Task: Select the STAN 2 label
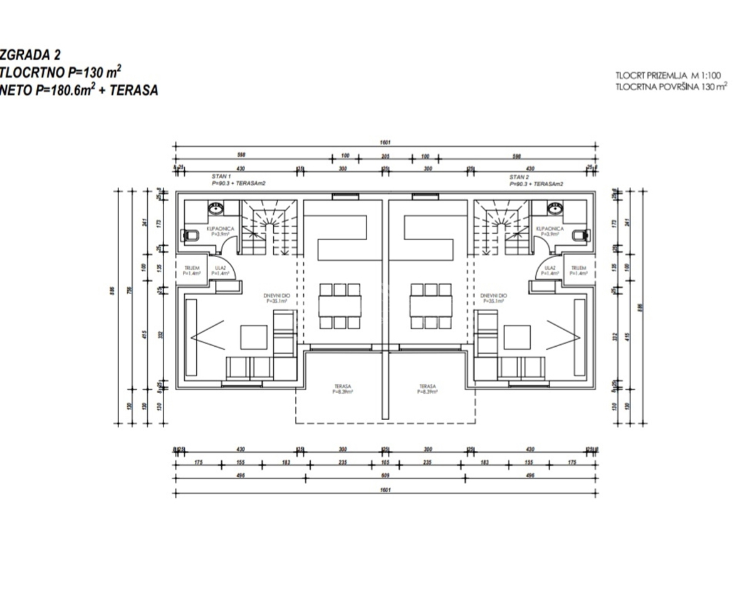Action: [517, 177]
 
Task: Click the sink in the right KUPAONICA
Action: [553, 206]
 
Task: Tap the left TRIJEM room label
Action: [191, 271]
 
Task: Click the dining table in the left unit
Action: [340, 306]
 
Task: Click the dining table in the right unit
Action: [431, 306]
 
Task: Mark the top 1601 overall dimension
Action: [383, 142]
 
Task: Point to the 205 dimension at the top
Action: [385, 156]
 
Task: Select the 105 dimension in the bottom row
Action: [385, 462]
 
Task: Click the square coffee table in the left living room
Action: [254, 337]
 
